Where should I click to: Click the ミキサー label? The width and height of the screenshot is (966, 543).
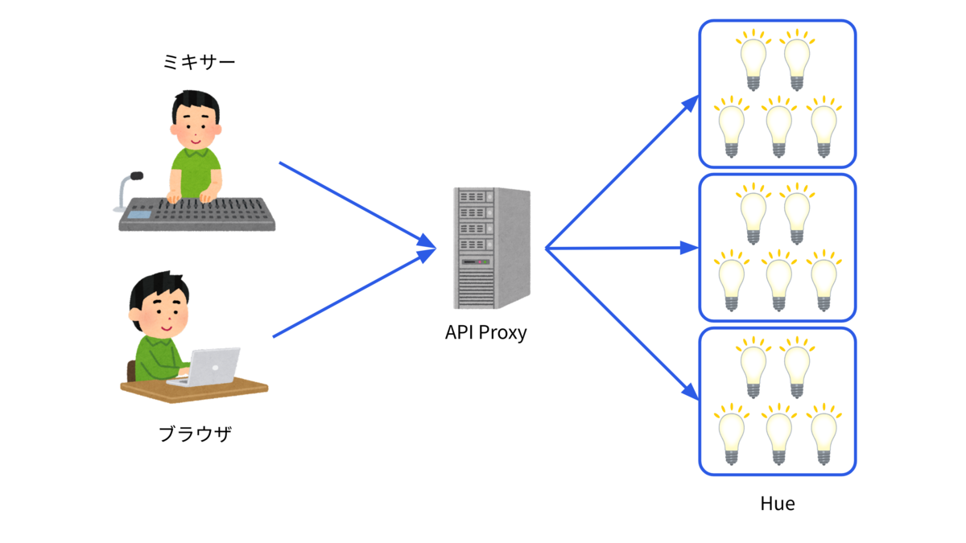point(199,62)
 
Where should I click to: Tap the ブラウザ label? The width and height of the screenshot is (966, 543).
point(195,434)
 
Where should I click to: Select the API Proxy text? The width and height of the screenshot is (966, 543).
point(486,333)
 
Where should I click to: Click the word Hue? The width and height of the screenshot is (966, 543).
point(778,504)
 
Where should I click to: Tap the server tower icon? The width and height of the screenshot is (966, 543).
point(492,249)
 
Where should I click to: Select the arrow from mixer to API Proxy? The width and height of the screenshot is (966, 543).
point(358,205)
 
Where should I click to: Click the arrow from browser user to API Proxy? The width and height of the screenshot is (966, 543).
point(354,293)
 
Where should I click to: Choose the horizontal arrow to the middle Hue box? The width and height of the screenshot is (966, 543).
point(621,249)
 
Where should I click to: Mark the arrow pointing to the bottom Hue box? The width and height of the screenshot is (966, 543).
point(622,324)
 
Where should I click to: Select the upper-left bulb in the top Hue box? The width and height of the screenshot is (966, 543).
point(753,60)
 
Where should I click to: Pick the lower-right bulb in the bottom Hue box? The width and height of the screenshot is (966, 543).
point(824,434)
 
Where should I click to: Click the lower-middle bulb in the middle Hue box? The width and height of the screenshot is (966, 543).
point(778,281)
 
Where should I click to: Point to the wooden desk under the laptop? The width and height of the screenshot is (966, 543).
point(194,389)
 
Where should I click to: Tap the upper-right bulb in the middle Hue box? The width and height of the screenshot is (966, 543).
point(797,214)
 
